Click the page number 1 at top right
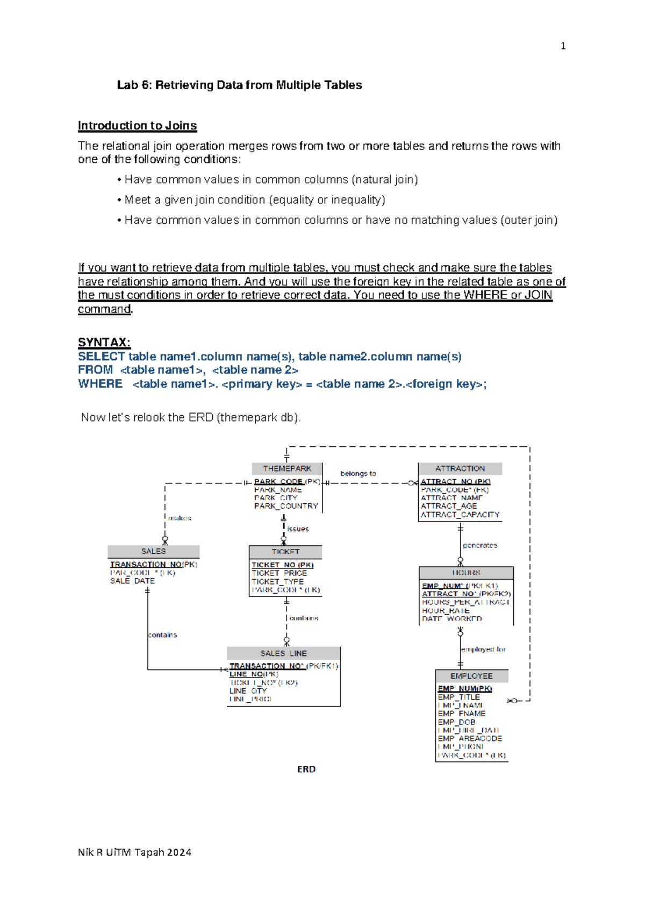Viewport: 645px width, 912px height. (563, 46)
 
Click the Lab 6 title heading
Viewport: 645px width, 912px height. (239, 85)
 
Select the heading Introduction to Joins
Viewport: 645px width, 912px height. (137, 126)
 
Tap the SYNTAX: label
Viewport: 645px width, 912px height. (104, 343)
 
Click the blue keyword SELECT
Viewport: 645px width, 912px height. (101, 357)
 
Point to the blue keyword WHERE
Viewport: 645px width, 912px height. (100, 384)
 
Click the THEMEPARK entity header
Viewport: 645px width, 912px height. (287, 468)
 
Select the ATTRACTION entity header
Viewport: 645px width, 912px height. (460, 468)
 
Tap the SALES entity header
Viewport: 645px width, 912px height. (153, 551)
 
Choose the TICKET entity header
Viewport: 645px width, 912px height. (285, 552)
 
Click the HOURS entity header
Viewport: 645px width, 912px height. (466, 573)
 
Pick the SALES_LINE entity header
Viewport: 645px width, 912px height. (283, 653)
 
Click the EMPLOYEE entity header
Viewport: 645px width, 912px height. (471, 676)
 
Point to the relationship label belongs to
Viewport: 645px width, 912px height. (358, 473)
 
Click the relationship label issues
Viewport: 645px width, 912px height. (298, 529)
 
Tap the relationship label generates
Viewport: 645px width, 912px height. (480, 545)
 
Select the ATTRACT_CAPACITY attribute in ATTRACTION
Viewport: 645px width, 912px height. (460, 515)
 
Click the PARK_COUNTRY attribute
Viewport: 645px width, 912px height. (286, 506)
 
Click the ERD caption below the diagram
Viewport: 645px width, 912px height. (306, 769)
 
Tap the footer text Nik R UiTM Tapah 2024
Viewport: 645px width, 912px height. (134, 852)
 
